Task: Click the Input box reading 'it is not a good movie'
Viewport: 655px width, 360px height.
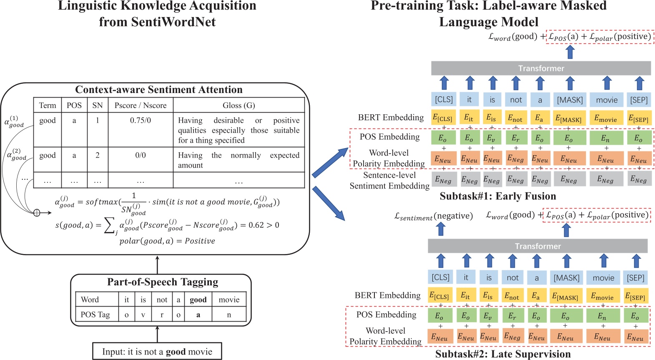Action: [157, 351]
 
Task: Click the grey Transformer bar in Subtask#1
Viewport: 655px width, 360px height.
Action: [541, 68]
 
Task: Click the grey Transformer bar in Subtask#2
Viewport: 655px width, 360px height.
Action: [537, 246]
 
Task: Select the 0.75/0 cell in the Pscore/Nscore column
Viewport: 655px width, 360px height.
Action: [141, 121]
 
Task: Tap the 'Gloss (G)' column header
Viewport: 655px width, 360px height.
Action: [238, 105]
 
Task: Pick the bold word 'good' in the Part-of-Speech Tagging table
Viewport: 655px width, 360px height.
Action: [198, 300]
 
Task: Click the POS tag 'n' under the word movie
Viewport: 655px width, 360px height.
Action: [229, 315]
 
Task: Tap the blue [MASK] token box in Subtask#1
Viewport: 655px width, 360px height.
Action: [570, 100]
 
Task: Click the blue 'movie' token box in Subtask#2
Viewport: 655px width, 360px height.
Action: [603, 278]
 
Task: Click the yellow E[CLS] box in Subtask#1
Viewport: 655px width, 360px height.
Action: [443, 118]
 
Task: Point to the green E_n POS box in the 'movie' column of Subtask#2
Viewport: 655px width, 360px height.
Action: [602, 316]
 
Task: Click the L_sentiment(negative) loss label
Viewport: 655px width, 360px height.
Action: [434, 216]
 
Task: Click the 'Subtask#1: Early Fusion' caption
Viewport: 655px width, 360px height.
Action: [498, 196]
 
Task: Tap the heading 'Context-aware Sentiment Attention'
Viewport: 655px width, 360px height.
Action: [159, 90]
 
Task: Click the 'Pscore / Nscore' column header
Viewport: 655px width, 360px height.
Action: [141, 105]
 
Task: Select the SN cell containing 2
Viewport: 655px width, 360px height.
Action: [98, 155]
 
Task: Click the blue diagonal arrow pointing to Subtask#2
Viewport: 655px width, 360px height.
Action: [329, 204]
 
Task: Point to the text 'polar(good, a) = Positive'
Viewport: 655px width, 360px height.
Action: [167, 241]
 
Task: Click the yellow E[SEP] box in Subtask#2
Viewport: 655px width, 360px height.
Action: [635, 296]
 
